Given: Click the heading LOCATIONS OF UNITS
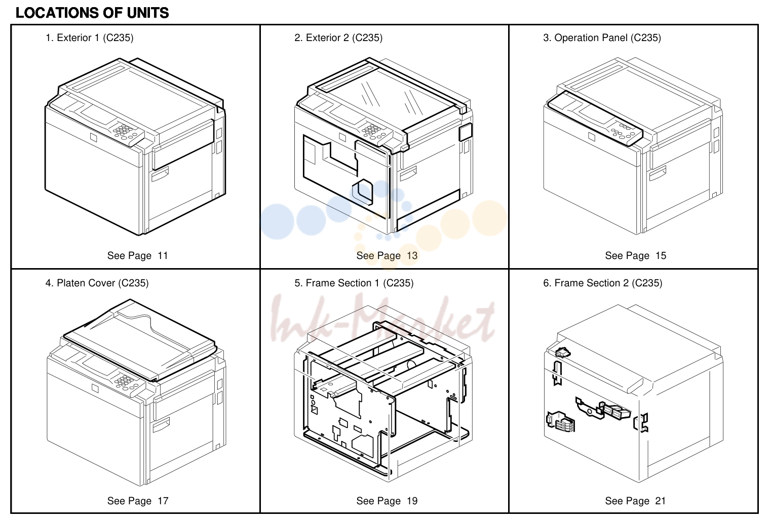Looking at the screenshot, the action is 92,13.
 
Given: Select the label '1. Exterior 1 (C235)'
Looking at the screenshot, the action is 89,38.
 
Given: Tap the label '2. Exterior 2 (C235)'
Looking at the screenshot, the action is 338,38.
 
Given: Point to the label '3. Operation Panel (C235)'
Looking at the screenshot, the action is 602,38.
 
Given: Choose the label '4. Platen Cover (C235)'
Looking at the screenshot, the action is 97,283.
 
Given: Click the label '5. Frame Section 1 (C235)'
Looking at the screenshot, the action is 354,283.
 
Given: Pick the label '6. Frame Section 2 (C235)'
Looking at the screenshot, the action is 602,283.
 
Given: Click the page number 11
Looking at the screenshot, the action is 163,255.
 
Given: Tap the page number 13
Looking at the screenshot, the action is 412,255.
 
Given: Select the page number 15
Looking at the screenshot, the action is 661,255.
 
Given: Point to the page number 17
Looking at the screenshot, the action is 163,501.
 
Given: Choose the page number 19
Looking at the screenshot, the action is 412,501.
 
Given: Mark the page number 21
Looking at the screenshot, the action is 661,501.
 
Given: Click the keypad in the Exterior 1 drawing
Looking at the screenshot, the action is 123,130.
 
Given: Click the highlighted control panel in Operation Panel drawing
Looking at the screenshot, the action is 595,119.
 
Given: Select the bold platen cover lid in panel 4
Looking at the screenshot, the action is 140,340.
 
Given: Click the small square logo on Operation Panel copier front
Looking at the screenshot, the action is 592,137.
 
